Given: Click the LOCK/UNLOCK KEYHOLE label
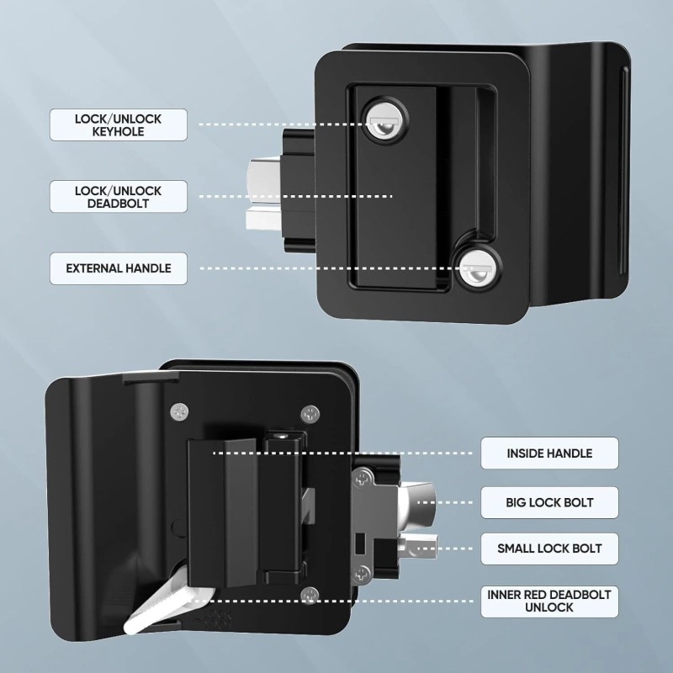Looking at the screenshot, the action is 118,125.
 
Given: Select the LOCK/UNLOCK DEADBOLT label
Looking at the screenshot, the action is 118,198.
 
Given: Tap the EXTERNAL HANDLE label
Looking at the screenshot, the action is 118,268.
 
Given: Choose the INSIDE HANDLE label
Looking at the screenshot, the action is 549,453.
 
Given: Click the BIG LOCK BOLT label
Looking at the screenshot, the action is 549,502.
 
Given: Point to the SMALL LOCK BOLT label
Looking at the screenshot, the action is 549,548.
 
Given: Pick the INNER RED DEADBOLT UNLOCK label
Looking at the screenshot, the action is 549,601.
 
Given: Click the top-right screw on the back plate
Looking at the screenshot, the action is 310,413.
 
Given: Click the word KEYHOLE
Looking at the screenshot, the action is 118,132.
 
